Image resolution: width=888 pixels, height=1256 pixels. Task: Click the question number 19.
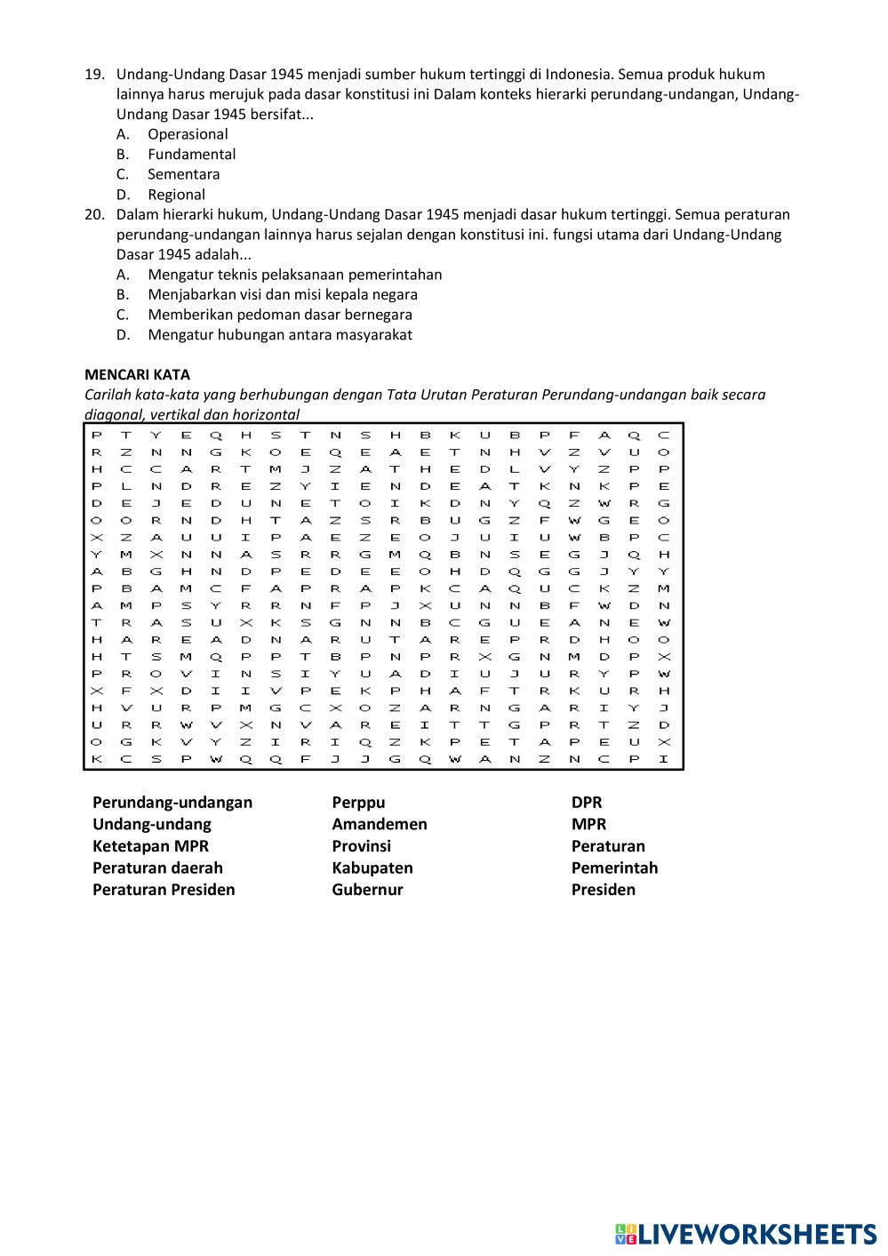coord(94,75)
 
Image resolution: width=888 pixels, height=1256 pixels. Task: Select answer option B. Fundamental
coord(191,155)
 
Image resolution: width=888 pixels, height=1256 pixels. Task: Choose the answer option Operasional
coord(188,134)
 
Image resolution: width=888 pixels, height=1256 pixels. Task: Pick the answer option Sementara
coord(183,174)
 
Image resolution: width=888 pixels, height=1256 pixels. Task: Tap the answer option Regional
coord(176,195)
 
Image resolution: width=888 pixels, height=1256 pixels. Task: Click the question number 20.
coord(94,214)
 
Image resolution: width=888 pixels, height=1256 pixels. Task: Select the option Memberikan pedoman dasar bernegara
coord(279,315)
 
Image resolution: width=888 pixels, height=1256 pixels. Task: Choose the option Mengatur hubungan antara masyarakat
coord(279,335)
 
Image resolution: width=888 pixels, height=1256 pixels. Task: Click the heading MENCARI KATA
coord(137,375)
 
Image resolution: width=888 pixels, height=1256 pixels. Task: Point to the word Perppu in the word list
coord(358,803)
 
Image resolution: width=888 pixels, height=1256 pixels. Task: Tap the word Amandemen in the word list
coord(380,824)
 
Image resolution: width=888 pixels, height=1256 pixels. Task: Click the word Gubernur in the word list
coord(367,890)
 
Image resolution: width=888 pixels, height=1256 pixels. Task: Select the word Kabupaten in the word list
coord(372,868)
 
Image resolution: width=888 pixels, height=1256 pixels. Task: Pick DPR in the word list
coord(587,803)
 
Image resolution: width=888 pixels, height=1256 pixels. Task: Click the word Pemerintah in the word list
coord(614,868)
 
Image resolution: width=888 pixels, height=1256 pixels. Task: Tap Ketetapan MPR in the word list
coord(150,846)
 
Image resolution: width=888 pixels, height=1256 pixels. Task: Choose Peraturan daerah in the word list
coord(157,868)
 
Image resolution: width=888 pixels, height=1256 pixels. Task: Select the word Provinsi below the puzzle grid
coord(361,846)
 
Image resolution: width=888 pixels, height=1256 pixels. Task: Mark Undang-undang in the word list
coord(152,824)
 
